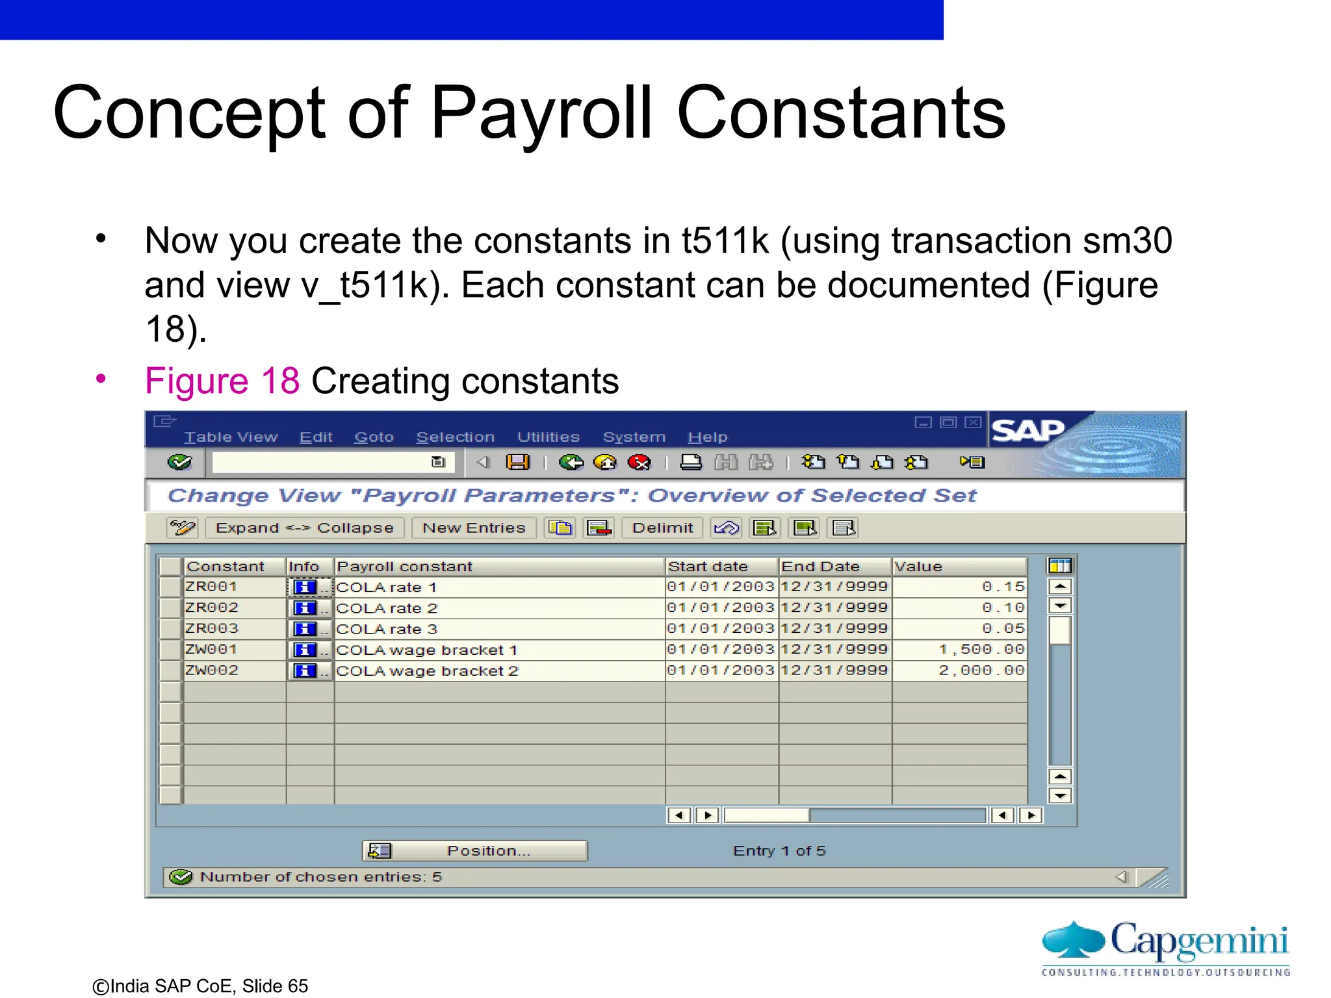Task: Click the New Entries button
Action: coord(474,528)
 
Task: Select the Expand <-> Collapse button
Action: coord(304,528)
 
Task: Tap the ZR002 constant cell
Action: coord(234,608)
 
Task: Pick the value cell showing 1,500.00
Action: coord(959,649)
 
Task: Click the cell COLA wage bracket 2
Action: coord(498,671)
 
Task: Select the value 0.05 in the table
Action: coord(959,628)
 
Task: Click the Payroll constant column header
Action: coord(498,567)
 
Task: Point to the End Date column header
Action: coord(834,567)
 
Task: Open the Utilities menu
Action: coord(548,437)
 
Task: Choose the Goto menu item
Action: coord(374,437)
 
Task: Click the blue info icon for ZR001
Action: coord(304,587)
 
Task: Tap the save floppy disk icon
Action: coord(518,462)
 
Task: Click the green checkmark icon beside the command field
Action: coord(179,462)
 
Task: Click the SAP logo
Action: coord(1027,430)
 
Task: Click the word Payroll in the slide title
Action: coord(541,114)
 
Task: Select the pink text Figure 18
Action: coord(222,381)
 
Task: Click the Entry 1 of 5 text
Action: coord(779,851)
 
